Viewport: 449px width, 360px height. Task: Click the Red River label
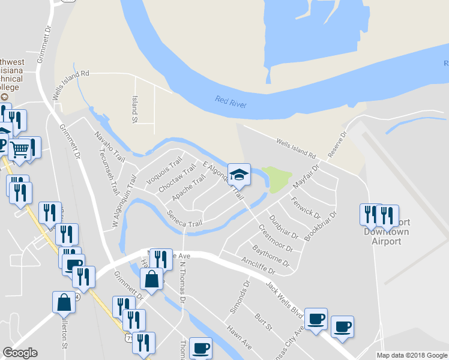231,101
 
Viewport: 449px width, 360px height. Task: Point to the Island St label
135,109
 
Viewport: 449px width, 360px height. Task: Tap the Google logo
20,353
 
